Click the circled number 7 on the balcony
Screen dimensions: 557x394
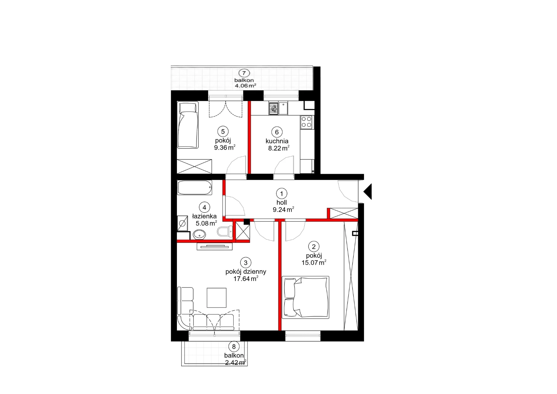click(244, 73)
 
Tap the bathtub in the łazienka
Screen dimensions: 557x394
click(195, 188)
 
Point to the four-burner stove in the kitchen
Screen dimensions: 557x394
click(307, 122)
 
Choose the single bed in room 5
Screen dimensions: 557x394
click(187, 125)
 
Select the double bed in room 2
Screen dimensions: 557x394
click(306, 297)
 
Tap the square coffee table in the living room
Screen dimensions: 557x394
click(217, 298)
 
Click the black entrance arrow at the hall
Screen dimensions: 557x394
click(368, 191)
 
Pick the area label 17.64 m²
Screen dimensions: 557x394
click(246, 279)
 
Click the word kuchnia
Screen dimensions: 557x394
click(277, 141)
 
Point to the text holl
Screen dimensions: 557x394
click(282, 203)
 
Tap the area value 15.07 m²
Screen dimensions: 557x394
click(314, 263)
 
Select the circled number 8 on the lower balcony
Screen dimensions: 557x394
click(234, 347)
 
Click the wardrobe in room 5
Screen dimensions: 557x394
click(194, 167)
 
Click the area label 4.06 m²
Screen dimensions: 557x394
click(246, 86)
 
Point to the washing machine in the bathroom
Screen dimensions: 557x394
click(182, 223)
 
